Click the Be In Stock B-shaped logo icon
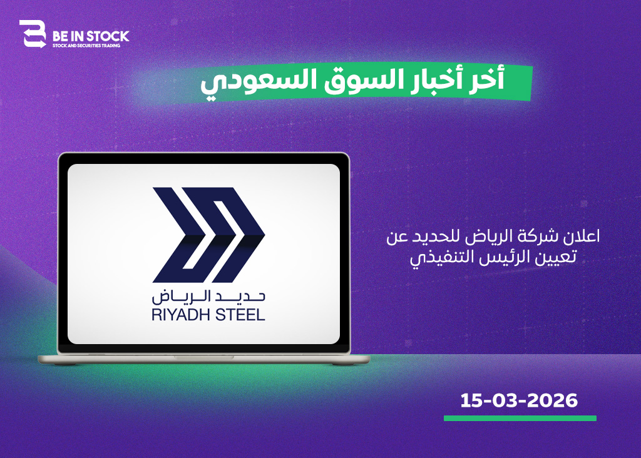click(33, 34)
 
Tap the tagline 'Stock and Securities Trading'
click(86, 46)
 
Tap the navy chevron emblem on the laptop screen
click(208, 235)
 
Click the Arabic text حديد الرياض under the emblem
click(208, 297)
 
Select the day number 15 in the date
click(471, 400)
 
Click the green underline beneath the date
click(520, 419)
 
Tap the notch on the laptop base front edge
click(203, 357)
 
